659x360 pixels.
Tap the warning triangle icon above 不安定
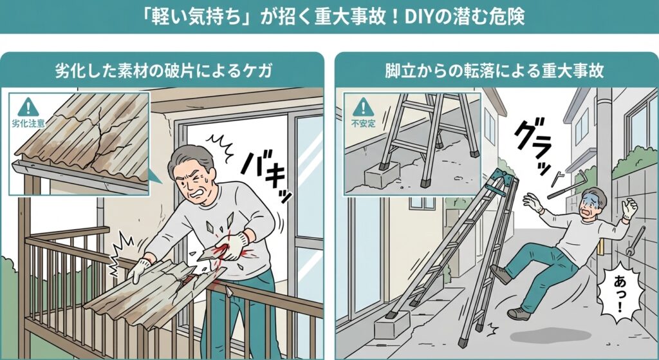tap(363, 106)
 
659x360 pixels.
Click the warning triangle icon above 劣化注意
tap(28, 106)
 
